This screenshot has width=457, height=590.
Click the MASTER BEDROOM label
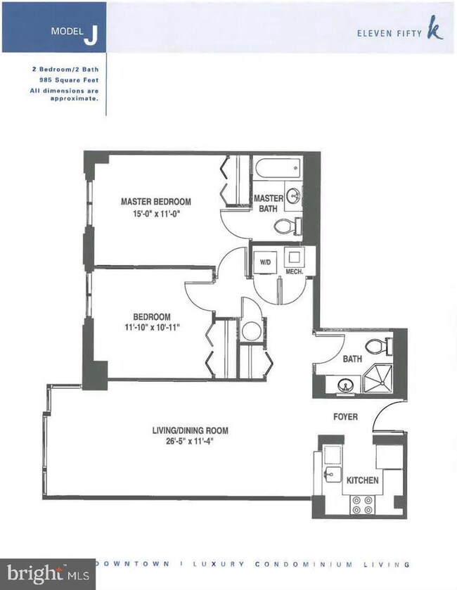pyautogui.click(x=155, y=200)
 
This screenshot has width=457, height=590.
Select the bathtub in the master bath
pyautogui.click(x=279, y=169)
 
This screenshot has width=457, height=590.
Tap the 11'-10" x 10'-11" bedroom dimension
pyautogui.click(x=153, y=328)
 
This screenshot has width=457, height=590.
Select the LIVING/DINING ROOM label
pyautogui.click(x=190, y=430)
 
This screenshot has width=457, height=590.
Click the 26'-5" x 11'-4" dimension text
pyautogui.click(x=190, y=442)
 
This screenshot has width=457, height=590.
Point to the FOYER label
pyautogui.click(x=345, y=417)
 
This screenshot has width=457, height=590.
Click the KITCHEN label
pyautogui.click(x=362, y=480)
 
